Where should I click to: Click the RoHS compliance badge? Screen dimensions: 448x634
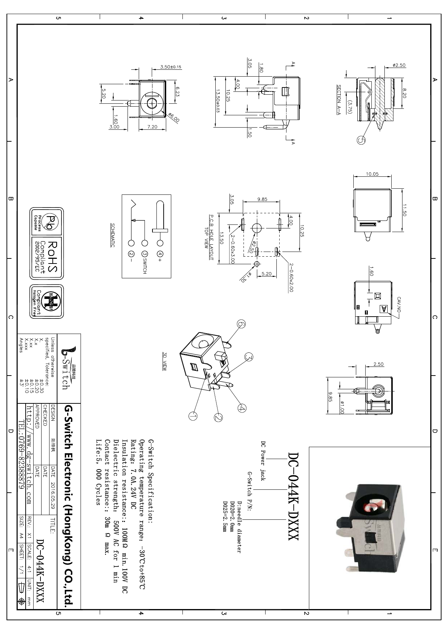(47, 257)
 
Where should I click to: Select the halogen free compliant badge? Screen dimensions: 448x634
(47, 301)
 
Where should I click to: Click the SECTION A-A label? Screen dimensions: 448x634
(339, 99)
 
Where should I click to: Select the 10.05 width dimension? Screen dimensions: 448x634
(372, 174)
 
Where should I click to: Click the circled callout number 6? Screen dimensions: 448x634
(241, 324)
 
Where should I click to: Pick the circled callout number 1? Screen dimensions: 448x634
(193, 416)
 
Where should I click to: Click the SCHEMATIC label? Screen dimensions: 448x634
(113, 235)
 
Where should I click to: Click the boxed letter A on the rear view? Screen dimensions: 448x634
(384, 309)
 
